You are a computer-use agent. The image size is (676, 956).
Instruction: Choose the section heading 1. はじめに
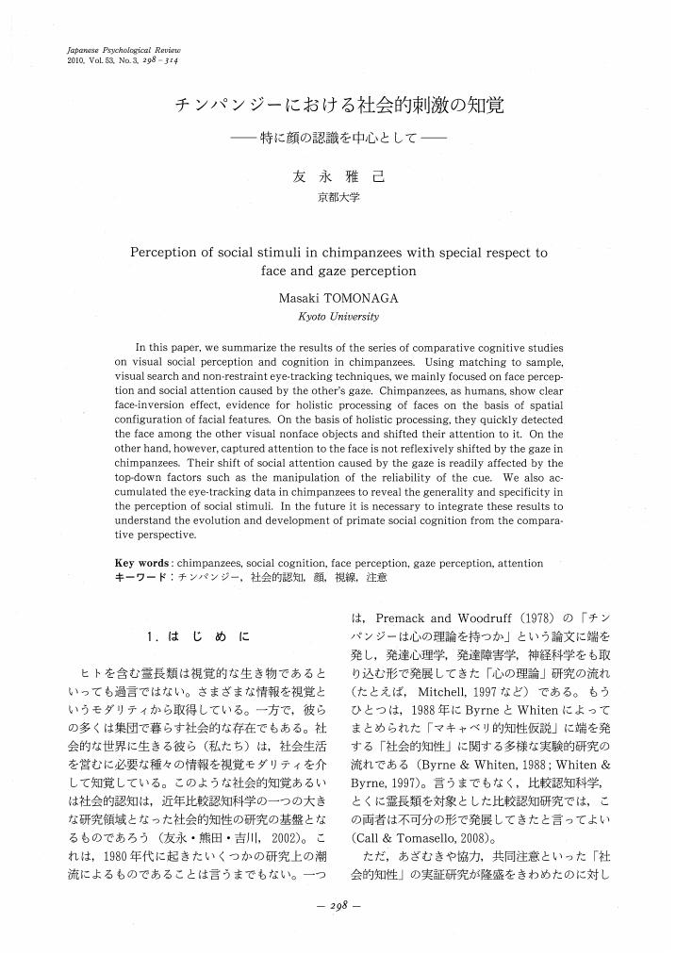pos(198,639)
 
